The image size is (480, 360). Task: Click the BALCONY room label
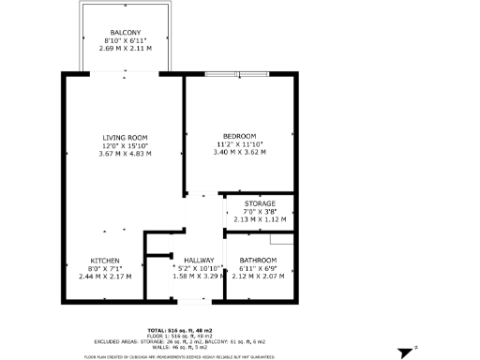click(125, 32)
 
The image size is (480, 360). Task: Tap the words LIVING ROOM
click(125, 137)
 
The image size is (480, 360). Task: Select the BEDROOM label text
click(240, 136)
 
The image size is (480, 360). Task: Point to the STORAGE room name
click(260, 203)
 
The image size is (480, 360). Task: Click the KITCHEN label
click(105, 260)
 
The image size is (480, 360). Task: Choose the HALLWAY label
click(199, 260)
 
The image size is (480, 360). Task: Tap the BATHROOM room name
click(258, 260)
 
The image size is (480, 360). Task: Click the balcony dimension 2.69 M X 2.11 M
click(125, 48)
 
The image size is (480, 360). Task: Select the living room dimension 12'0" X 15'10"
click(125, 145)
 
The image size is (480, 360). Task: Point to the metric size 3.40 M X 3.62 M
click(240, 152)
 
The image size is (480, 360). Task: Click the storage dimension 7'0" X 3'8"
click(260, 212)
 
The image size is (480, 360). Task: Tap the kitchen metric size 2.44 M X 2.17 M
click(105, 277)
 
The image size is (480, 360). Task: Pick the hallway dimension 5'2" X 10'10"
click(199, 268)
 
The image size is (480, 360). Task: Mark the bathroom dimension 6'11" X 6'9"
click(258, 268)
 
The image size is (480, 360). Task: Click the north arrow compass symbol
click(405, 352)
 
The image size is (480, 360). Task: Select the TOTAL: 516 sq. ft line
click(180, 330)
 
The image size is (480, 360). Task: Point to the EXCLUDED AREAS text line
click(180, 341)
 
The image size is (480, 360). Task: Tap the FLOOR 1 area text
click(180, 336)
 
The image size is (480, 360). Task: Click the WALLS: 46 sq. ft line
click(180, 347)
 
